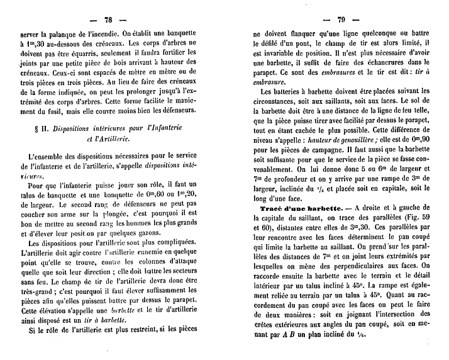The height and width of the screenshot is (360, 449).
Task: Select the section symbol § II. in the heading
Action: point(44,128)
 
